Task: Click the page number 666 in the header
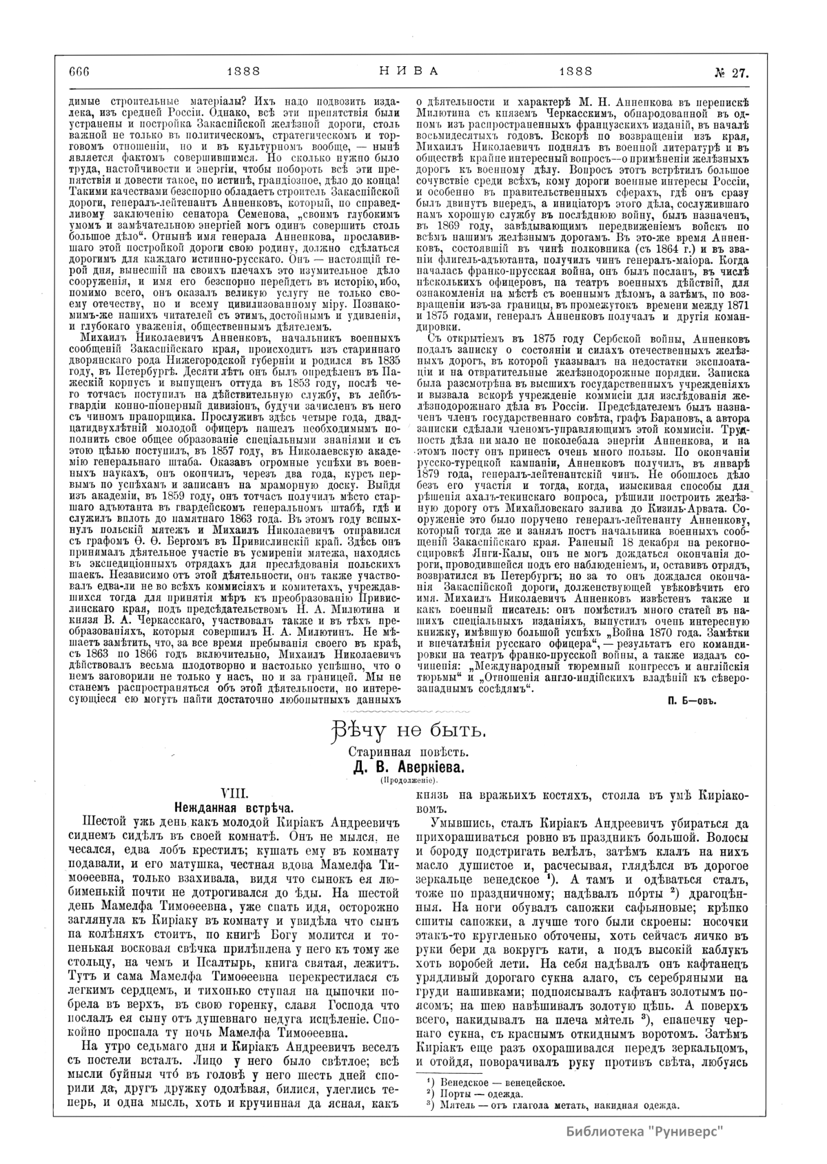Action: pyautogui.click(x=80, y=70)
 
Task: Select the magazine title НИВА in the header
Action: pyautogui.click(x=409, y=70)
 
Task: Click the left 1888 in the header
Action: pyautogui.click(x=243, y=70)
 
